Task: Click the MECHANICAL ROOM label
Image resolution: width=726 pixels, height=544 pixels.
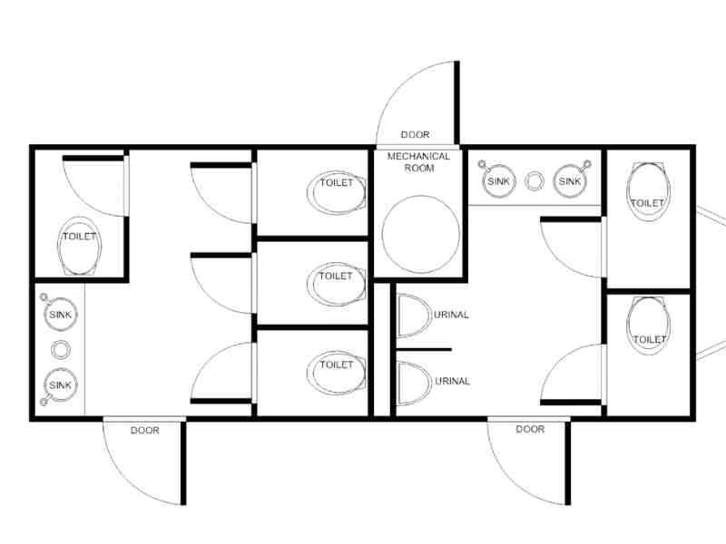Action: coord(418,162)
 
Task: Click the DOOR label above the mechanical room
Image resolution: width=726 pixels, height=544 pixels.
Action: coord(415,134)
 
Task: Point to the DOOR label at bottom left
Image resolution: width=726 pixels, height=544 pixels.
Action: coord(145,430)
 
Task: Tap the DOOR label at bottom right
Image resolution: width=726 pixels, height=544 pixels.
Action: coord(530,429)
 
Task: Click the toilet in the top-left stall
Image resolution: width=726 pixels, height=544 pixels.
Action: coord(79,246)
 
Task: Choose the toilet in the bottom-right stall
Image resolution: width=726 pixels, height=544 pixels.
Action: coord(648,325)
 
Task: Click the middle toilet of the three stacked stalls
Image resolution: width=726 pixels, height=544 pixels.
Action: coord(336,284)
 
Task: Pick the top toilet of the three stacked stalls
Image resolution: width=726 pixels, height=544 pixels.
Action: coord(336,192)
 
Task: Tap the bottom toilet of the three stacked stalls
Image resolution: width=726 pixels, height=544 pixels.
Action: coord(336,373)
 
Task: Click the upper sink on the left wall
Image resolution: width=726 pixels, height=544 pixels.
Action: coord(60,315)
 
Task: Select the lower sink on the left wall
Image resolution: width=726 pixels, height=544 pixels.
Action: coord(60,384)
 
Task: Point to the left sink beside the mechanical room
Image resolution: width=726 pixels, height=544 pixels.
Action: coord(498,181)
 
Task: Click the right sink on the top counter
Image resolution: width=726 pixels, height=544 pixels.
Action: coord(570,181)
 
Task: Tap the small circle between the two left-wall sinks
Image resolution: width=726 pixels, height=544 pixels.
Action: coord(60,350)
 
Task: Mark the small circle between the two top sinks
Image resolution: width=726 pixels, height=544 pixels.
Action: coord(535,180)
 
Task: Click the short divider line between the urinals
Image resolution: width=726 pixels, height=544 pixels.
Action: coord(424,350)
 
